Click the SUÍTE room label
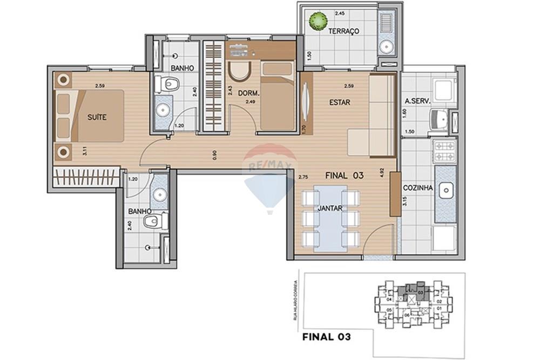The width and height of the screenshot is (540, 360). coord(97,117)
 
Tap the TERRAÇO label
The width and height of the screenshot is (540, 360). coord(344,31)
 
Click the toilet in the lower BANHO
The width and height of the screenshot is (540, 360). coord(156,220)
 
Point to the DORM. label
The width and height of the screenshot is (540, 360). coord(249,93)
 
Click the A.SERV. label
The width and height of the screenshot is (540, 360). coord(416,101)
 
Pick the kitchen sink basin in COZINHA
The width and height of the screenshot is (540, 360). coord(446,190)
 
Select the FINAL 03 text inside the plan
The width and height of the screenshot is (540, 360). coord(343,175)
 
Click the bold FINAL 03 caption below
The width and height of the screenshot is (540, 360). coord(327,337)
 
